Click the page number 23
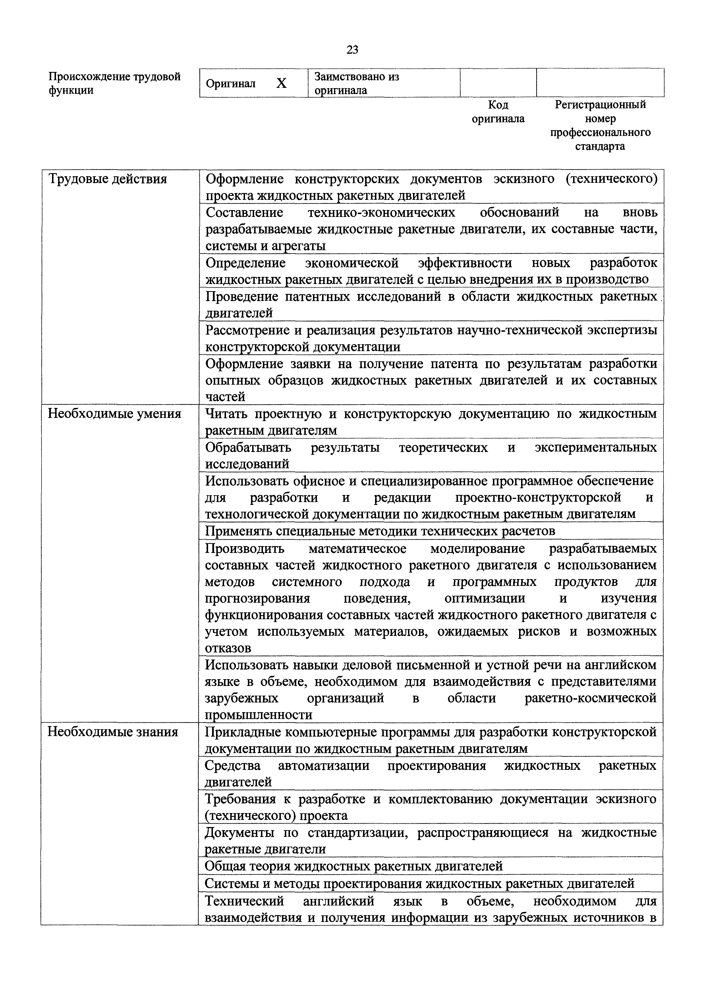(352, 50)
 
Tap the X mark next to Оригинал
(281, 83)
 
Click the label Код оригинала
(498, 112)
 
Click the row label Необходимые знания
(113, 732)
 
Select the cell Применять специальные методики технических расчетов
(380, 531)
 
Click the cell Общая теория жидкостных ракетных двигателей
(353, 866)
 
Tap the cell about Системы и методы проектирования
(419, 883)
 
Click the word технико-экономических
(381, 212)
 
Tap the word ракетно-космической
(590, 698)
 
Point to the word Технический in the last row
(244, 901)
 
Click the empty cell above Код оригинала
(498, 82)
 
